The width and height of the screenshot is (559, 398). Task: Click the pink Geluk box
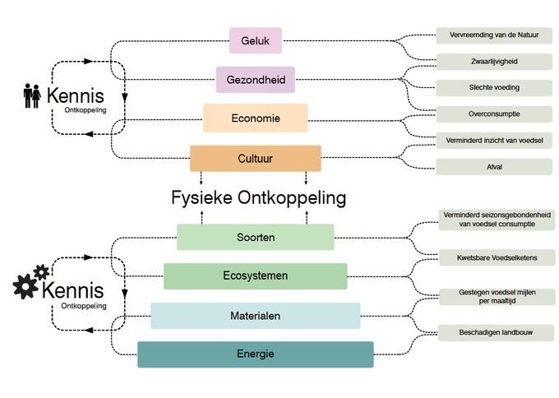pos(255,40)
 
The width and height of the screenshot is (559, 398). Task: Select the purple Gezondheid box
pos(255,80)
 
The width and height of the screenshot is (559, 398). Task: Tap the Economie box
pos(255,118)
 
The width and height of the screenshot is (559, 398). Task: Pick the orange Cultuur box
pos(255,158)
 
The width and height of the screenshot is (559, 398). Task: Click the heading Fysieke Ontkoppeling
pos(258,198)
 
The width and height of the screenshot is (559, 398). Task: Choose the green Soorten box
pos(255,237)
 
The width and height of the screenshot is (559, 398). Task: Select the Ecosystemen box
pos(255,276)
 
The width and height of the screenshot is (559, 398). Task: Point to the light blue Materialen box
pos(255,315)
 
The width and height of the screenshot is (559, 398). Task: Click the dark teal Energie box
pos(255,354)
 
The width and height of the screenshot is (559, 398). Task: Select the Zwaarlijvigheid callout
pos(494,62)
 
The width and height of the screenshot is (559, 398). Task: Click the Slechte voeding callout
pos(494,87)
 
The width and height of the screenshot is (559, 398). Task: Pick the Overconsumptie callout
pos(494,113)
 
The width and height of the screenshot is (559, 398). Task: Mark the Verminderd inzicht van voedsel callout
pos(494,140)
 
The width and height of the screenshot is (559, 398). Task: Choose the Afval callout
pos(494,167)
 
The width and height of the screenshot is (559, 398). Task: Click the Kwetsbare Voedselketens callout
pos(497,258)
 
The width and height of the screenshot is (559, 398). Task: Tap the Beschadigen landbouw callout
pos(497,332)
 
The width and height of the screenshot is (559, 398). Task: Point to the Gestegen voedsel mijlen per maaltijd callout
pos(497,296)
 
